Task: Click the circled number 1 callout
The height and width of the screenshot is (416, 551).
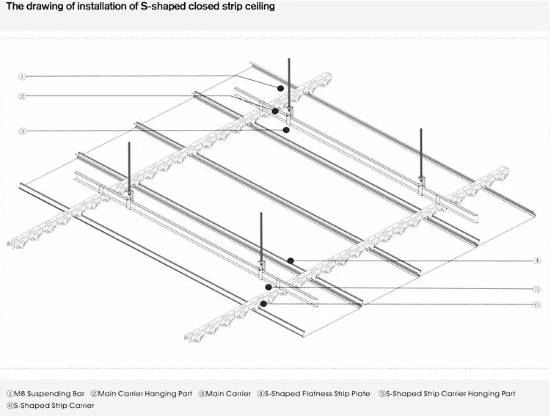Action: [x=23, y=76]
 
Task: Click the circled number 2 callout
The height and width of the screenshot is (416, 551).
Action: [x=23, y=96]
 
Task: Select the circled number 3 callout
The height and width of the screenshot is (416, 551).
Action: [x=23, y=131]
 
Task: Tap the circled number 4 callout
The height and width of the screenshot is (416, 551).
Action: [x=536, y=260]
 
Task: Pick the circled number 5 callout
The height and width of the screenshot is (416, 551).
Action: [x=536, y=289]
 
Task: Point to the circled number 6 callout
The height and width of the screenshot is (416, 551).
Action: [x=536, y=304]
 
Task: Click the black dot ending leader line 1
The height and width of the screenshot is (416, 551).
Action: [x=280, y=87]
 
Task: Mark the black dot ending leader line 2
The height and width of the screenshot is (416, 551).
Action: [x=275, y=111]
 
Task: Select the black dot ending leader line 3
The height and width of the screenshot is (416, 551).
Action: [x=287, y=130]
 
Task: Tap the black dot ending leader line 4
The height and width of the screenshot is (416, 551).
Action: [x=291, y=260]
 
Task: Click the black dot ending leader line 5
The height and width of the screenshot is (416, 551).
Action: [x=269, y=288]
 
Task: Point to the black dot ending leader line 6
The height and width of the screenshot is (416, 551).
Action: [x=263, y=302]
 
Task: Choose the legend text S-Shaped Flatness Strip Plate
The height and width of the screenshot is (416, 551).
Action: [x=318, y=394]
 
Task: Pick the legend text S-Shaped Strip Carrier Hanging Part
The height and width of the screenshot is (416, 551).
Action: [x=450, y=394]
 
